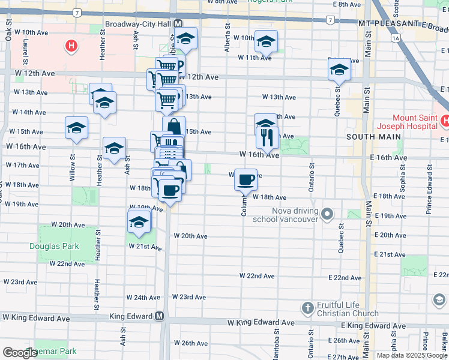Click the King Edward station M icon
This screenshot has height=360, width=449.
click(160, 316)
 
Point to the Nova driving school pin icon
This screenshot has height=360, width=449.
click(327, 213)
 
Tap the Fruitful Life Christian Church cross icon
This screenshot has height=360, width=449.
click(308, 308)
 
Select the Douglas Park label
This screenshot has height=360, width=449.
click(51, 246)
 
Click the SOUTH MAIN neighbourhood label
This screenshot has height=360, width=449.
click(365, 137)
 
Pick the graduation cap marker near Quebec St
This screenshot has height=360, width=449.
click(339, 70)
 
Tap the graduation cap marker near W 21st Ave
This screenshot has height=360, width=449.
click(139, 221)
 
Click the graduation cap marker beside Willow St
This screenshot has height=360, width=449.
click(77, 127)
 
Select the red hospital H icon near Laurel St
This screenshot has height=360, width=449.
click(71, 45)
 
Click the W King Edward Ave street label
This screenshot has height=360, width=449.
click(261, 323)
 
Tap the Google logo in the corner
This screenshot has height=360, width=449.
click(20, 353)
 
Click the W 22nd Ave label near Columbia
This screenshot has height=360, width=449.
click(257, 276)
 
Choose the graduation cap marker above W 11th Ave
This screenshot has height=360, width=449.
click(266, 41)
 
